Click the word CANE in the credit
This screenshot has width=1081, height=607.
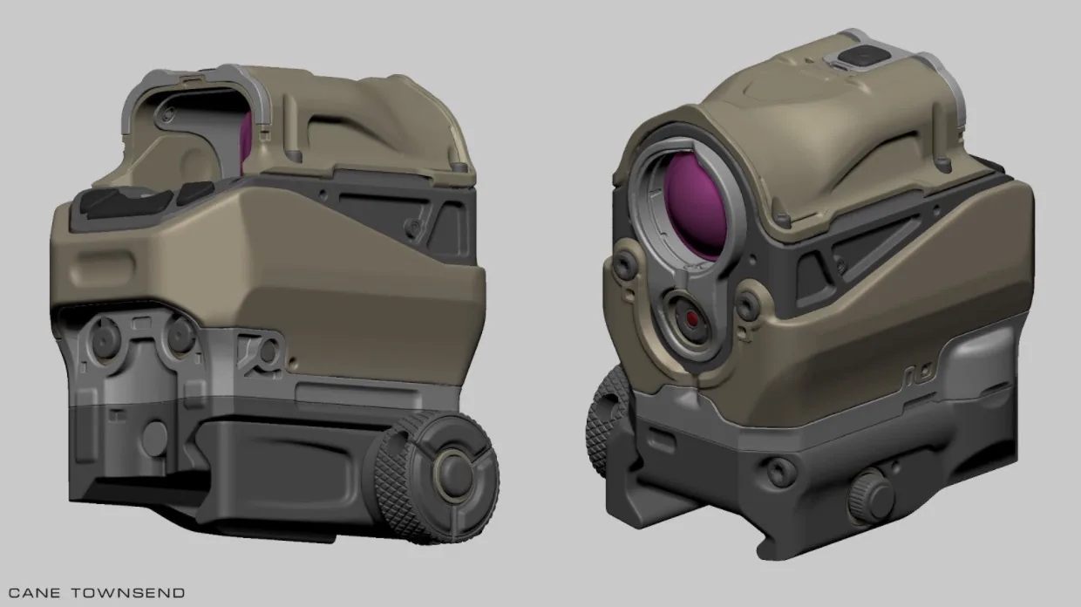pos(34,592)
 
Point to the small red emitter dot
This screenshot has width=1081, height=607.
pos(691,317)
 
